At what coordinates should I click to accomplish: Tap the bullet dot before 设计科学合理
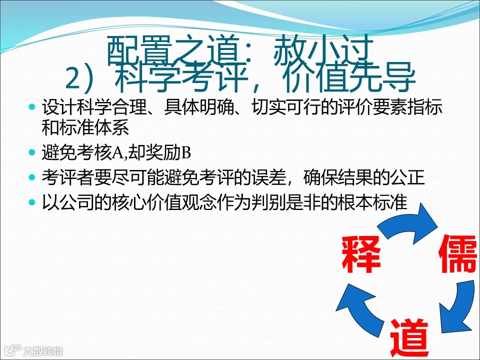(33, 107)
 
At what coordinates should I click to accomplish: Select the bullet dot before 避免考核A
(33, 152)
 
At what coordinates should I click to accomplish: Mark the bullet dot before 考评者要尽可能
(33, 177)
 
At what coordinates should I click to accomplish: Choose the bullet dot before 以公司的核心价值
(33, 203)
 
